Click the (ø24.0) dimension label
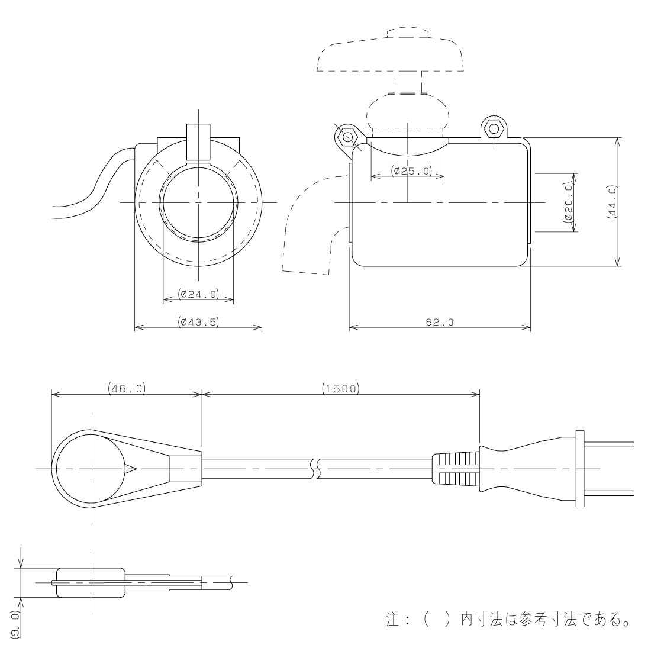pos(198,294)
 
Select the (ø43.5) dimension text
pos(198,322)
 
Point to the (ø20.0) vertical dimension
pos(569,202)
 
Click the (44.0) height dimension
pos(613,202)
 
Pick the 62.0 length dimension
pos(440,322)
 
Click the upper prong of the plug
pos(610,444)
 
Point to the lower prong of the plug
pos(610,492)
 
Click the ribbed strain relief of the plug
pos(456,469)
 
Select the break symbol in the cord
pos(314,468)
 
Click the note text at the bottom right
pos(506,621)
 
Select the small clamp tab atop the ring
pos(198,142)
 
